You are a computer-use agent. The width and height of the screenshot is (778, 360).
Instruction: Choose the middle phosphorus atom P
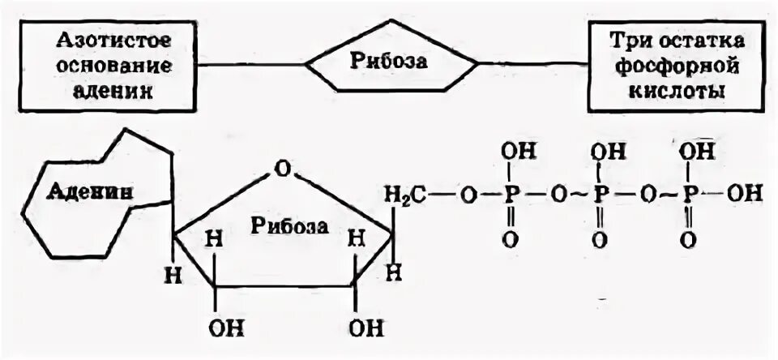[x=600, y=195]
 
